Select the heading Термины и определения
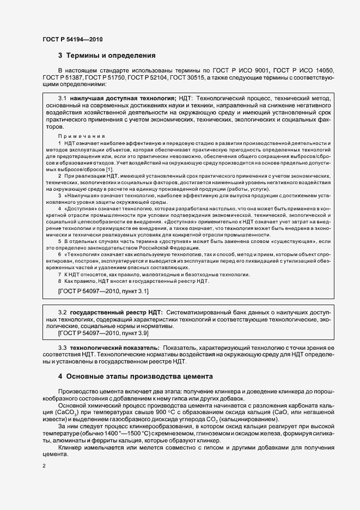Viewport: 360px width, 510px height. [111, 56]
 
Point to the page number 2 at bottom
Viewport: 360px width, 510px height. [44, 466]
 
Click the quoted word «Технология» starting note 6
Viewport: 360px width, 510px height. [82, 254]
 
